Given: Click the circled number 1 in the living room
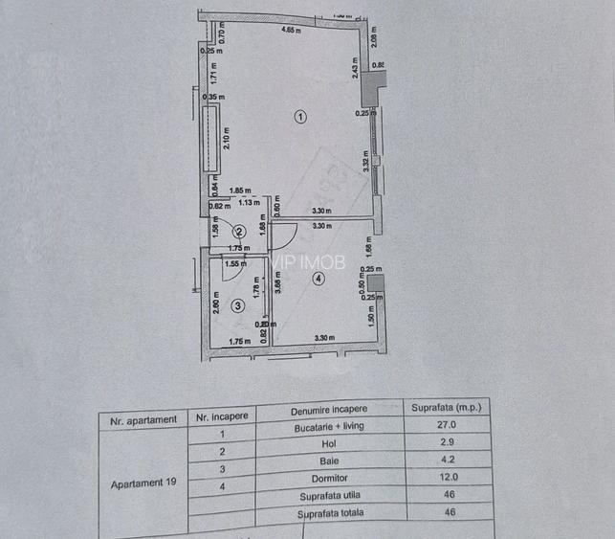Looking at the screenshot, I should tap(300, 117).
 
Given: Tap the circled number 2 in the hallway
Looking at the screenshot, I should tap(240, 231).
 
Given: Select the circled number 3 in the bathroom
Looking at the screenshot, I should tap(238, 305).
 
